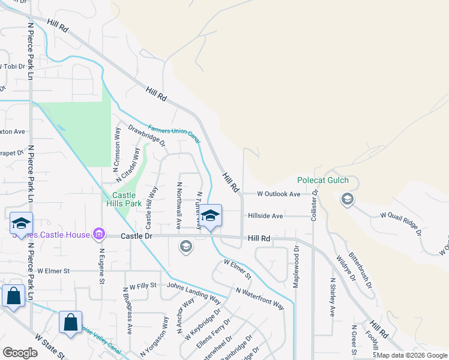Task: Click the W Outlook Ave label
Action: click(279, 194)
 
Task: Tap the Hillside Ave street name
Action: click(264, 216)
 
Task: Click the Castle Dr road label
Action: click(137, 236)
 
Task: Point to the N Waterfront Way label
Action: click(260, 298)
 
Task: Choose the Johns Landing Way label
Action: click(194, 291)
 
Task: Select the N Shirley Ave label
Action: click(332, 297)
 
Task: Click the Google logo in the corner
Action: click(20, 353)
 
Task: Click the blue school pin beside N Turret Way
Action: click(210, 217)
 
